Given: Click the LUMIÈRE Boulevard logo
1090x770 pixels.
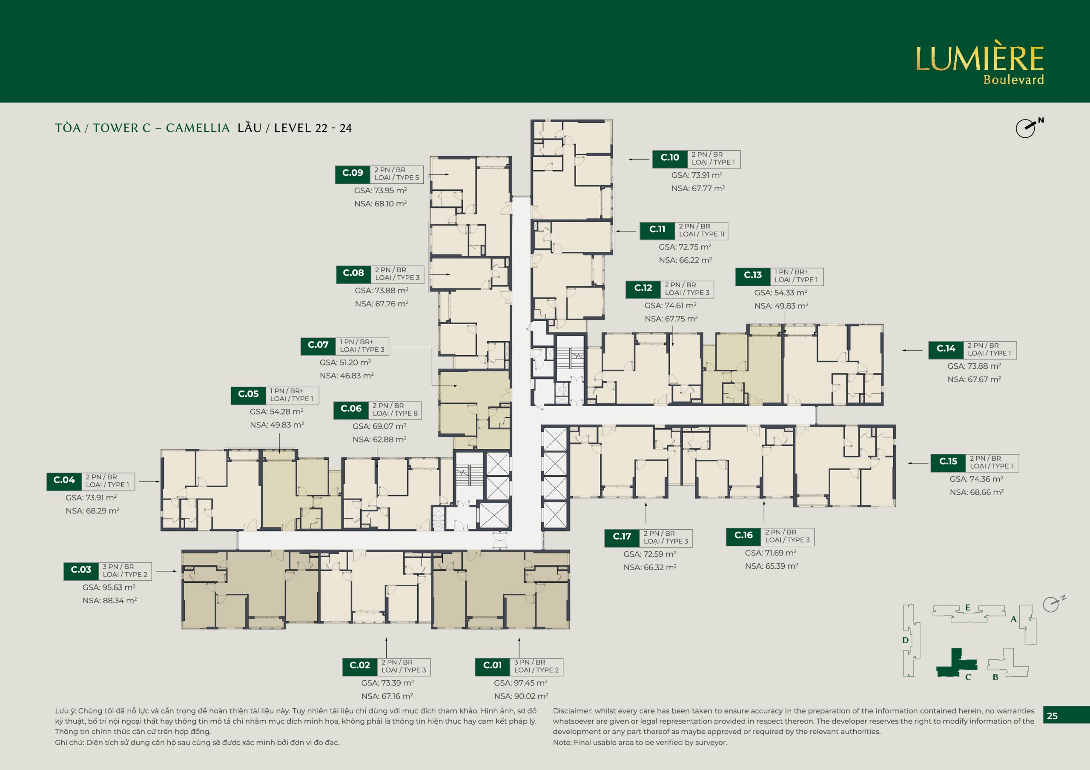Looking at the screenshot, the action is click(979, 62).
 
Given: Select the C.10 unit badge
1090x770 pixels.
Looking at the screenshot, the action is click(670, 158).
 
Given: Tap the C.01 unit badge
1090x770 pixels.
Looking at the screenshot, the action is click(492, 666).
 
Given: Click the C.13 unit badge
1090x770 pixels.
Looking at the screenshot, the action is click(752, 276).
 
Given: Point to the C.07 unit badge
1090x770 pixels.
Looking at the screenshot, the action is click(318, 345).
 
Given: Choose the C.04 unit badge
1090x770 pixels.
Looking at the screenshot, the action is click(64, 481).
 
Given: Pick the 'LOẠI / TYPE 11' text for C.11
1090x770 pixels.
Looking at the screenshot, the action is click(702, 234).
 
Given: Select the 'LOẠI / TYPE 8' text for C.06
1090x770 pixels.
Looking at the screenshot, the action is click(395, 414).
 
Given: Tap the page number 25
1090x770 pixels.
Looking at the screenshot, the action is click(1052, 716).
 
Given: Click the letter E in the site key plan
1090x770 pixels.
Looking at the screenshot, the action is click(967, 608).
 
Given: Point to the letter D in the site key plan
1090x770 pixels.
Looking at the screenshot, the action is click(905, 640).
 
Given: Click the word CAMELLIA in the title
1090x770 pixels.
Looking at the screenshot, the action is click(198, 128).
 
